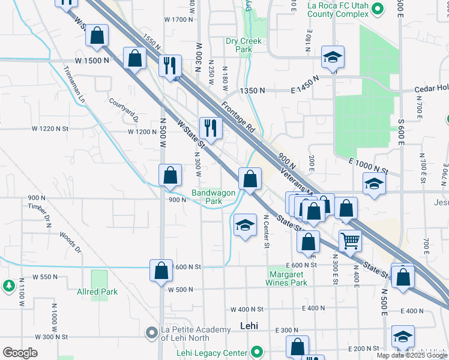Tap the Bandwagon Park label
207,197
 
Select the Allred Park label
97,292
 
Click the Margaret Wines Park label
287,278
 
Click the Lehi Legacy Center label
212,352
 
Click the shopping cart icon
350,241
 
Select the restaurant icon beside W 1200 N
210,127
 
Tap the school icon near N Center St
244,224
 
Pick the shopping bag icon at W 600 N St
161,271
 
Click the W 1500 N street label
92,61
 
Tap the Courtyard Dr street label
124,110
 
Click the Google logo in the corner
20,353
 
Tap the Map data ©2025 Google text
412,355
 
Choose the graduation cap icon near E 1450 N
333,57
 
